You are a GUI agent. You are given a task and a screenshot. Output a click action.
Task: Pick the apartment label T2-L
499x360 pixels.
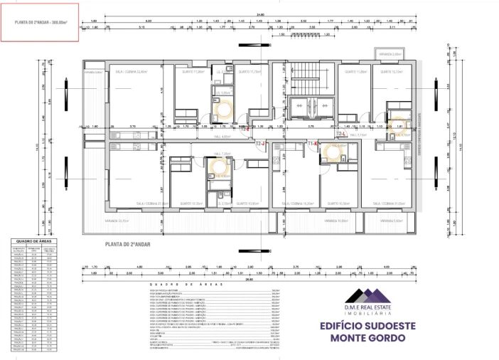pyautogui.click(x=340, y=133)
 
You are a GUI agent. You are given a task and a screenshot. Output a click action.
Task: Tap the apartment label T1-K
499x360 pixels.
pyautogui.click(x=311, y=143)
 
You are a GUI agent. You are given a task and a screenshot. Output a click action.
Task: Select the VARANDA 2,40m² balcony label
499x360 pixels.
pyautogui.click(x=390, y=54)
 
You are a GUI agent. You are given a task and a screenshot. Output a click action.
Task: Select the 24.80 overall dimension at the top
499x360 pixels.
pyautogui.click(x=260, y=14)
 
